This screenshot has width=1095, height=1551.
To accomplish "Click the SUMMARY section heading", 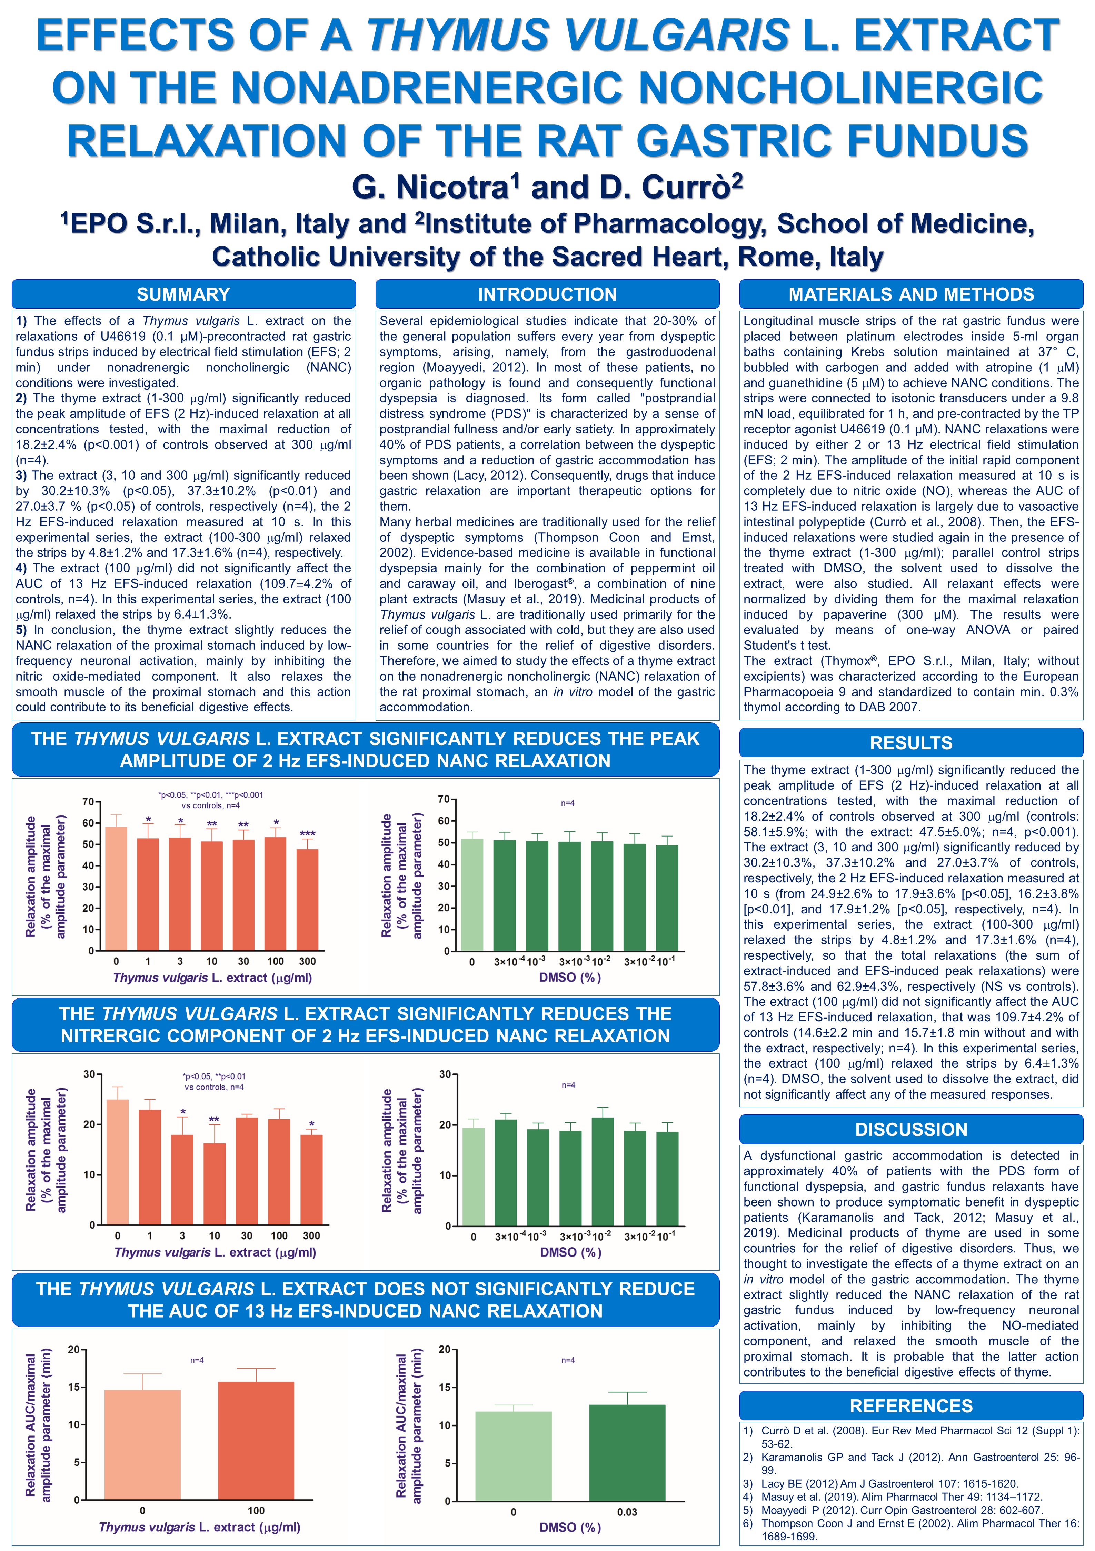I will (x=183, y=294).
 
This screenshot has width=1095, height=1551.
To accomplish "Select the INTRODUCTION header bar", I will (x=547, y=294).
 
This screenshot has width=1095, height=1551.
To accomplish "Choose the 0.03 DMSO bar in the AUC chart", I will (x=627, y=1452).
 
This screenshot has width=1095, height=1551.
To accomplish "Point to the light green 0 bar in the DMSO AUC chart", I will (x=514, y=1456).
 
